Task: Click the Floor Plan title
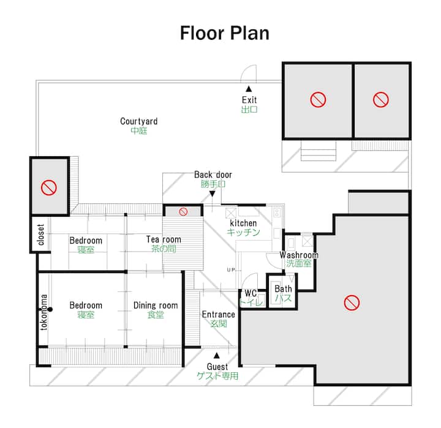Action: pyautogui.click(x=224, y=33)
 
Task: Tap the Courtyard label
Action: pyautogui.click(x=138, y=121)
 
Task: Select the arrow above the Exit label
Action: pyautogui.click(x=249, y=89)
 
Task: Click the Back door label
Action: pyautogui.click(x=213, y=175)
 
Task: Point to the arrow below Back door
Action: pyautogui.click(x=213, y=193)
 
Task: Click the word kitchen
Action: pyautogui.click(x=243, y=223)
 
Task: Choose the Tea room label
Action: pyautogui.click(x=164, y=239)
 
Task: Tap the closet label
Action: pyautogui.click(x=41, y=235)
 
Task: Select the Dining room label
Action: pyautogui.click(x=156, y=306)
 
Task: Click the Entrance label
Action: pyautogui.click(x=218, y=314)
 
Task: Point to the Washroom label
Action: pyautogui.click(x=299, y=255)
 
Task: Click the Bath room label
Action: pyautogui.click(x=283, y=289)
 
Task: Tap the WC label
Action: pyautogui.click(x=251, y=293)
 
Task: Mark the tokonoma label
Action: pyautogui.click(x=44, y=312)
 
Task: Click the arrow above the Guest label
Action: pyautogui.click(x=217, y=356)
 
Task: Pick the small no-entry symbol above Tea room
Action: pyautogui.click(x=183, y=211)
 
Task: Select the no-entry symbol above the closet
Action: pyautogui.click(x=49, y=187)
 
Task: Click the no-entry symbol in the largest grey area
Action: pyautogui.click(x=352, y=302)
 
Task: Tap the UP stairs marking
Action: pyautogui.click(x=231, y=270)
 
